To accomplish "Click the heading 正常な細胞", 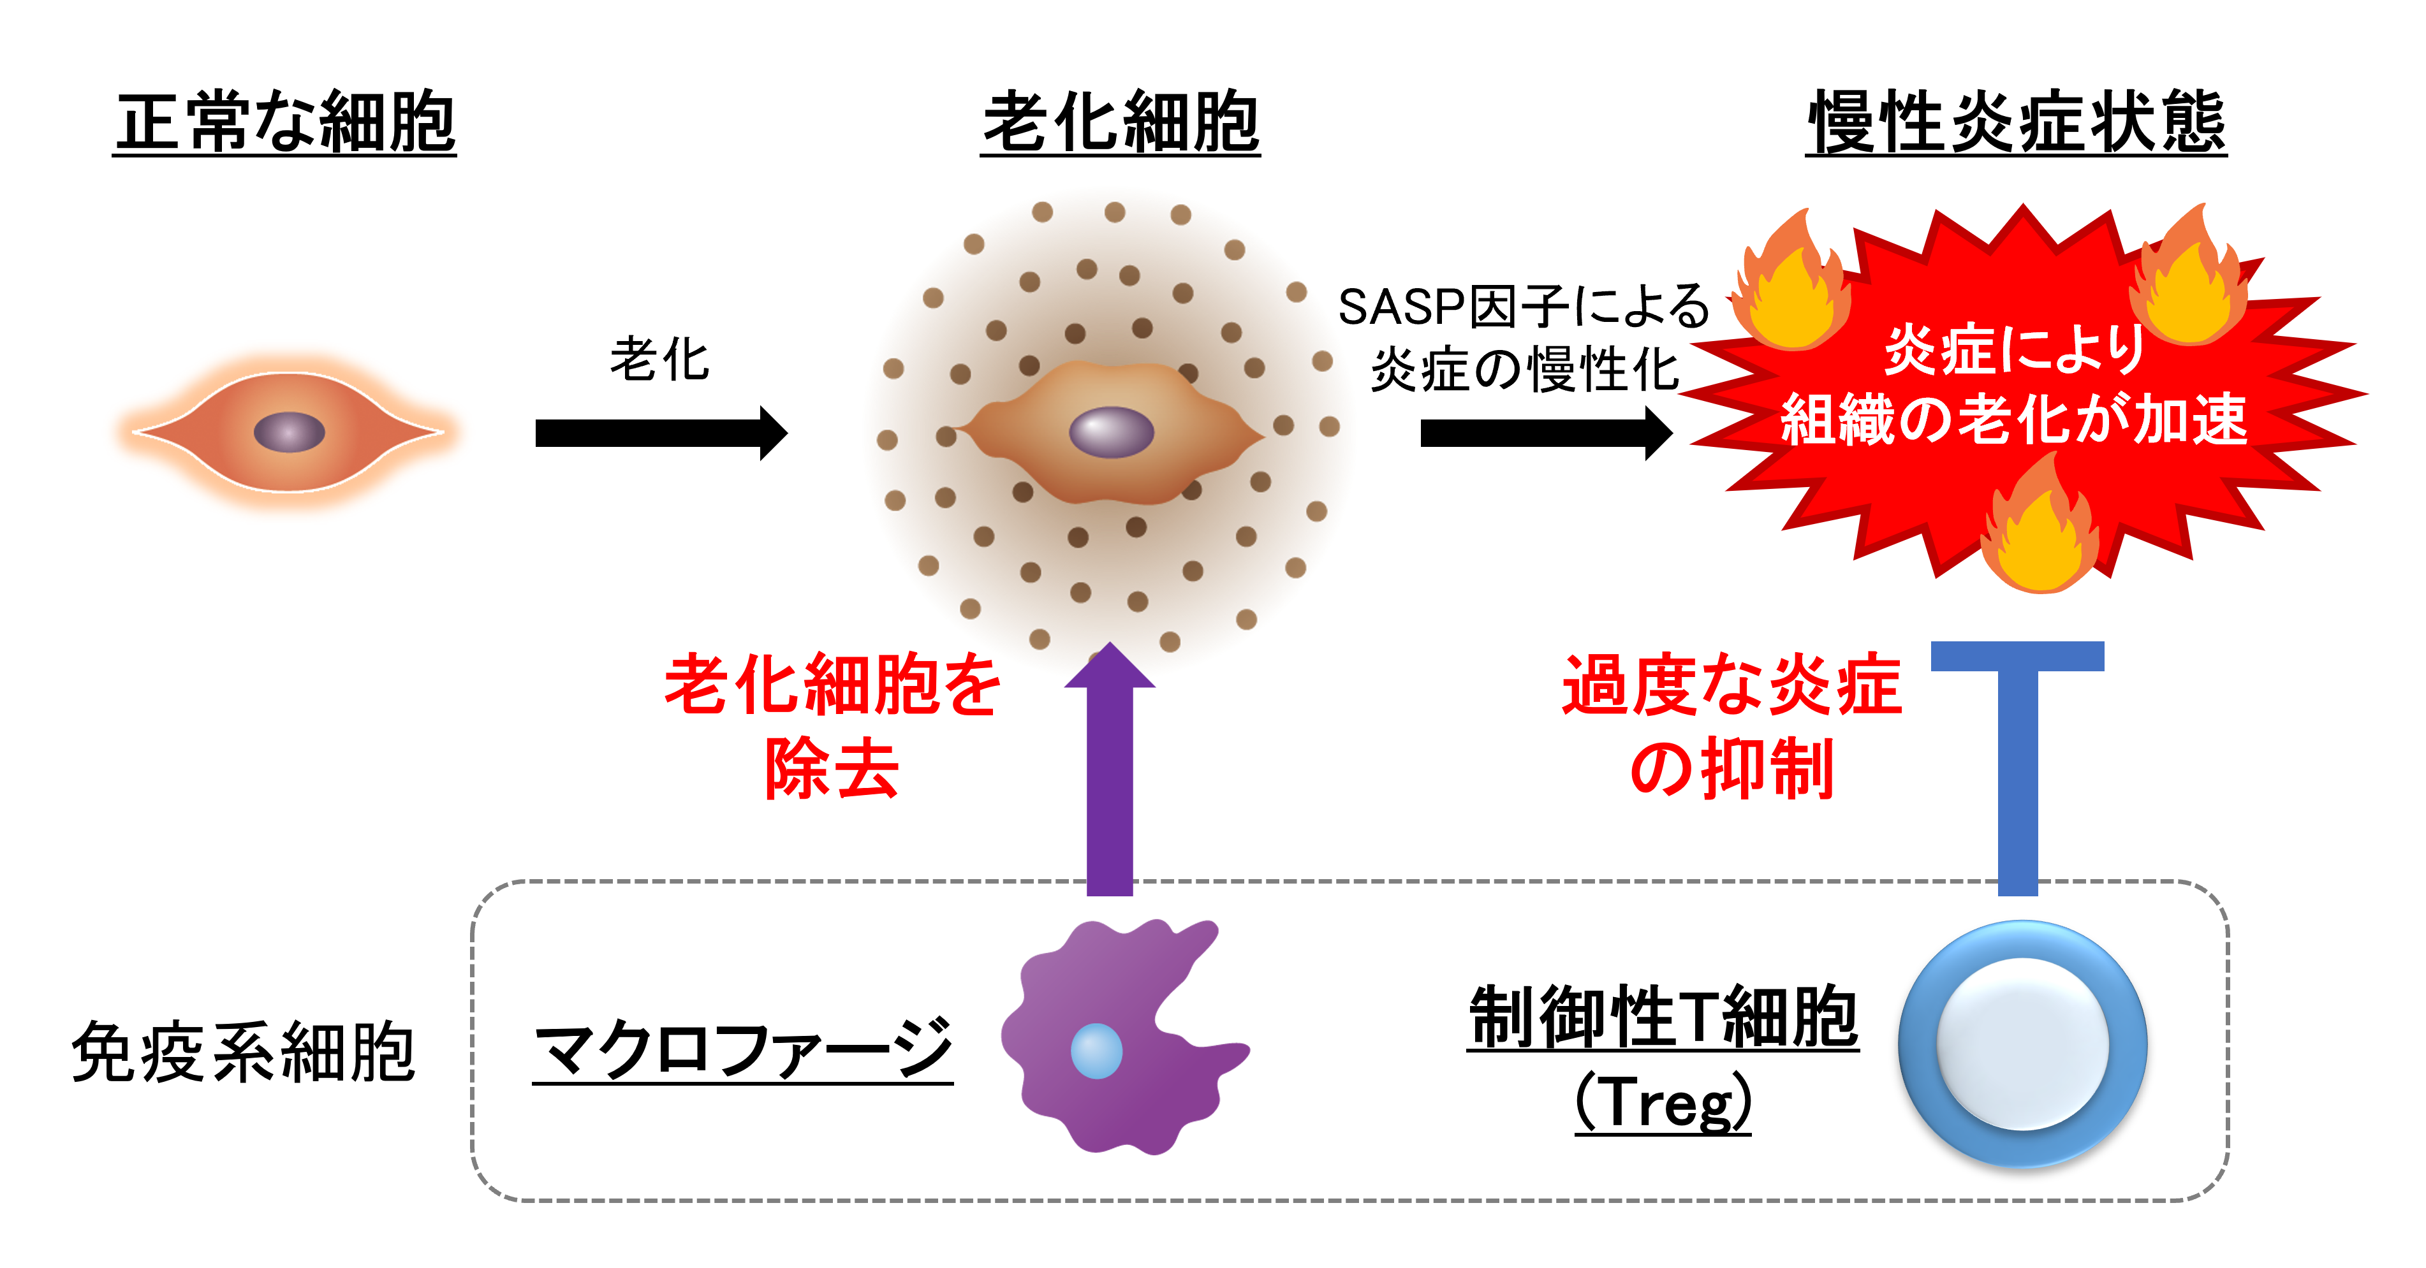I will tap(285, 122).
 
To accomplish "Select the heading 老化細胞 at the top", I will tap(1120, 122).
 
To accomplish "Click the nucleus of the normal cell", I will tap(289, 432).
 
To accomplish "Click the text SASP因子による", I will tap(1523, 307).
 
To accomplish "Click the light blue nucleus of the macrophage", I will tap(1096, 1051).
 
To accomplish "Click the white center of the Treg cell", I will tap(2022, 1043).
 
